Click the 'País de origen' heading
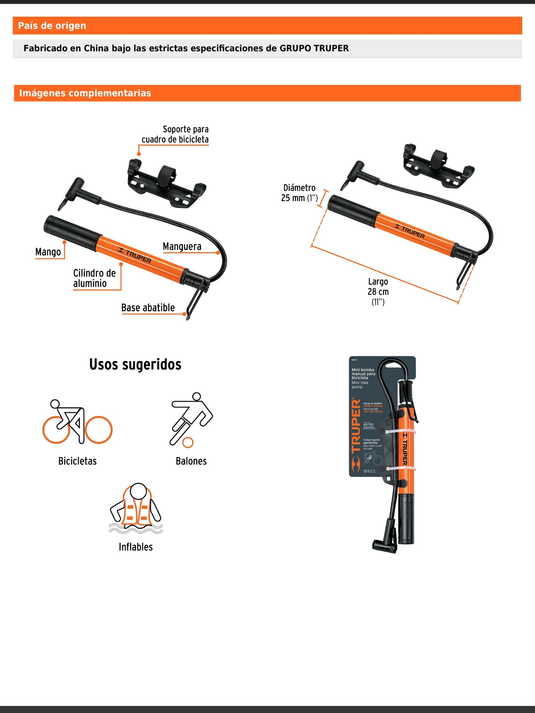click(52, 26)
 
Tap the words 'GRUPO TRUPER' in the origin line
click(314, 48)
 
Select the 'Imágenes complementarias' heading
click(85, 93)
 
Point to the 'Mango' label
click(48, 252)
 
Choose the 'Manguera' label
click(182, 246)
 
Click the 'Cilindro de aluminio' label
click(94, 278)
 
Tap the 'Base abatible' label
click(148, 308)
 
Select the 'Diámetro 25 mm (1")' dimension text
click(299, 193)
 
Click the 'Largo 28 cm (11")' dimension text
click(378, 292)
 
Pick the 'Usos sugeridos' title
click(135, 364)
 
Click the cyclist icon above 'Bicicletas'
click(77, 422)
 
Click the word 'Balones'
click(191, 461)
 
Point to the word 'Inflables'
click(136, 547)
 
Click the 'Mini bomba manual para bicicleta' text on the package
click(363, 374)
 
